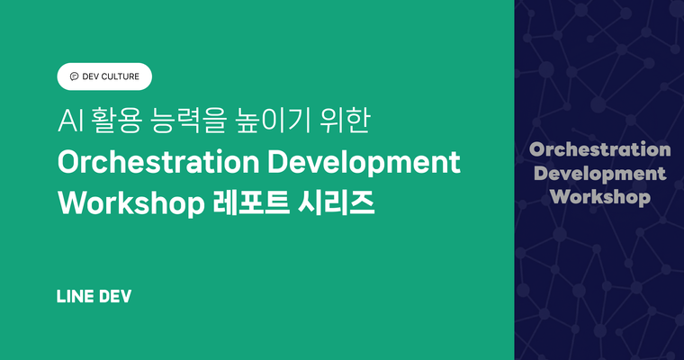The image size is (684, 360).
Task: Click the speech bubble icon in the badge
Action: coord(74,76)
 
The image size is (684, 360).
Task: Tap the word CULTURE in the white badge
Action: coord(119,76)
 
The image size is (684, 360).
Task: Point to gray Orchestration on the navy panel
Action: coord(599,149)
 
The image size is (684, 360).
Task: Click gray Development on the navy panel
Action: coord(599,173)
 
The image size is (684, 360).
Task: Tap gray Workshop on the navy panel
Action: coord(599,196)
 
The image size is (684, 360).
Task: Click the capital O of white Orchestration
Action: coord(68,163)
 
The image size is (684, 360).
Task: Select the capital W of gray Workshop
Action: coord(558,196)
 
